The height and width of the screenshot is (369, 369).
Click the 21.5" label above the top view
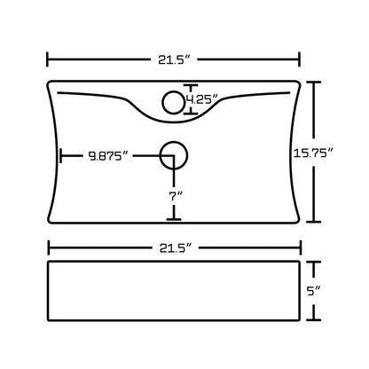pos(173,60)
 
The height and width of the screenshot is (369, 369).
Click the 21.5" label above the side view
pos(175,248)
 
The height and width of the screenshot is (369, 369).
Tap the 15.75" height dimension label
pos(313,153)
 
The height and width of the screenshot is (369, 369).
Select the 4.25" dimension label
pos(202,99)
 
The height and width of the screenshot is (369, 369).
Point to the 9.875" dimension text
pos(108,156)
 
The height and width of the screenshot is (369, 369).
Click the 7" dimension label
pos(176,196)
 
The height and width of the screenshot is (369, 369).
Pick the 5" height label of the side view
pos(313,291)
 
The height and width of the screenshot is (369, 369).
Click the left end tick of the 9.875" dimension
pos(60,156)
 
